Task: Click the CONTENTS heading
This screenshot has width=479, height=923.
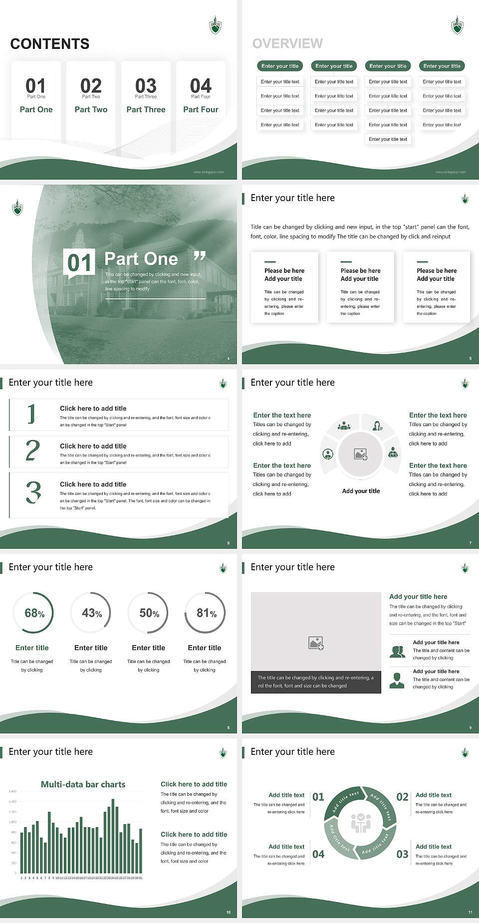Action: (50, 44)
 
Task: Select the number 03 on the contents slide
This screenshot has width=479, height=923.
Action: (146, 86)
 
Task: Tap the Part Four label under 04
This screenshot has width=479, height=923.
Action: (201, 109)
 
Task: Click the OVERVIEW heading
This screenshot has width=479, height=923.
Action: (287, 44)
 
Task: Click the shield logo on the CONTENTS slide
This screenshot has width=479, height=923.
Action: (215, 25)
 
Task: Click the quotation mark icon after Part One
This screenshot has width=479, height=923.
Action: (200, 256)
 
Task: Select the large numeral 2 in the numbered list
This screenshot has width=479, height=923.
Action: (32, 451)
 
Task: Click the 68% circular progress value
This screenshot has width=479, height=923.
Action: (34, 613)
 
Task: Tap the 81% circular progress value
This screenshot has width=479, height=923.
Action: (206, 613)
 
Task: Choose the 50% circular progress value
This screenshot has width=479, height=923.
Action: (149, 613)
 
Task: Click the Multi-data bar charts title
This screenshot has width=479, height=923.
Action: (83, 784)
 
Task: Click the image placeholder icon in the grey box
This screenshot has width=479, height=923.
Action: (316, 643)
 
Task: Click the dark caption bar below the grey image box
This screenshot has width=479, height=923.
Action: (315, 682)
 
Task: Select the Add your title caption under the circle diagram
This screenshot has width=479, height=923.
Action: (361, 491)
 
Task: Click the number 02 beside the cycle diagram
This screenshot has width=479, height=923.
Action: (402, 797)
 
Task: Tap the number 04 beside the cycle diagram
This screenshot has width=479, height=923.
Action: (318, 854)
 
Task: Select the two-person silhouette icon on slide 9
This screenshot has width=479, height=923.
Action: (397, 652)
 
